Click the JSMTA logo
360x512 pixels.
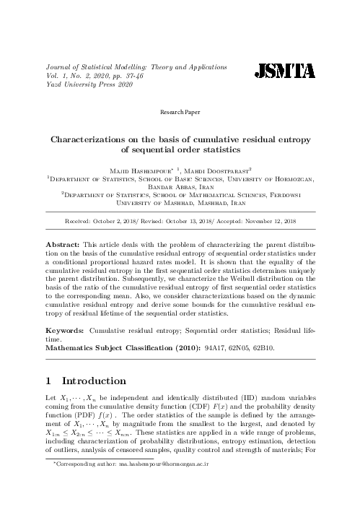coord(285,70)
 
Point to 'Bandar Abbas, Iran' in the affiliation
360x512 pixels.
coord(180,183)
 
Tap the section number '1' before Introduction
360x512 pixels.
coord(49,381)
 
